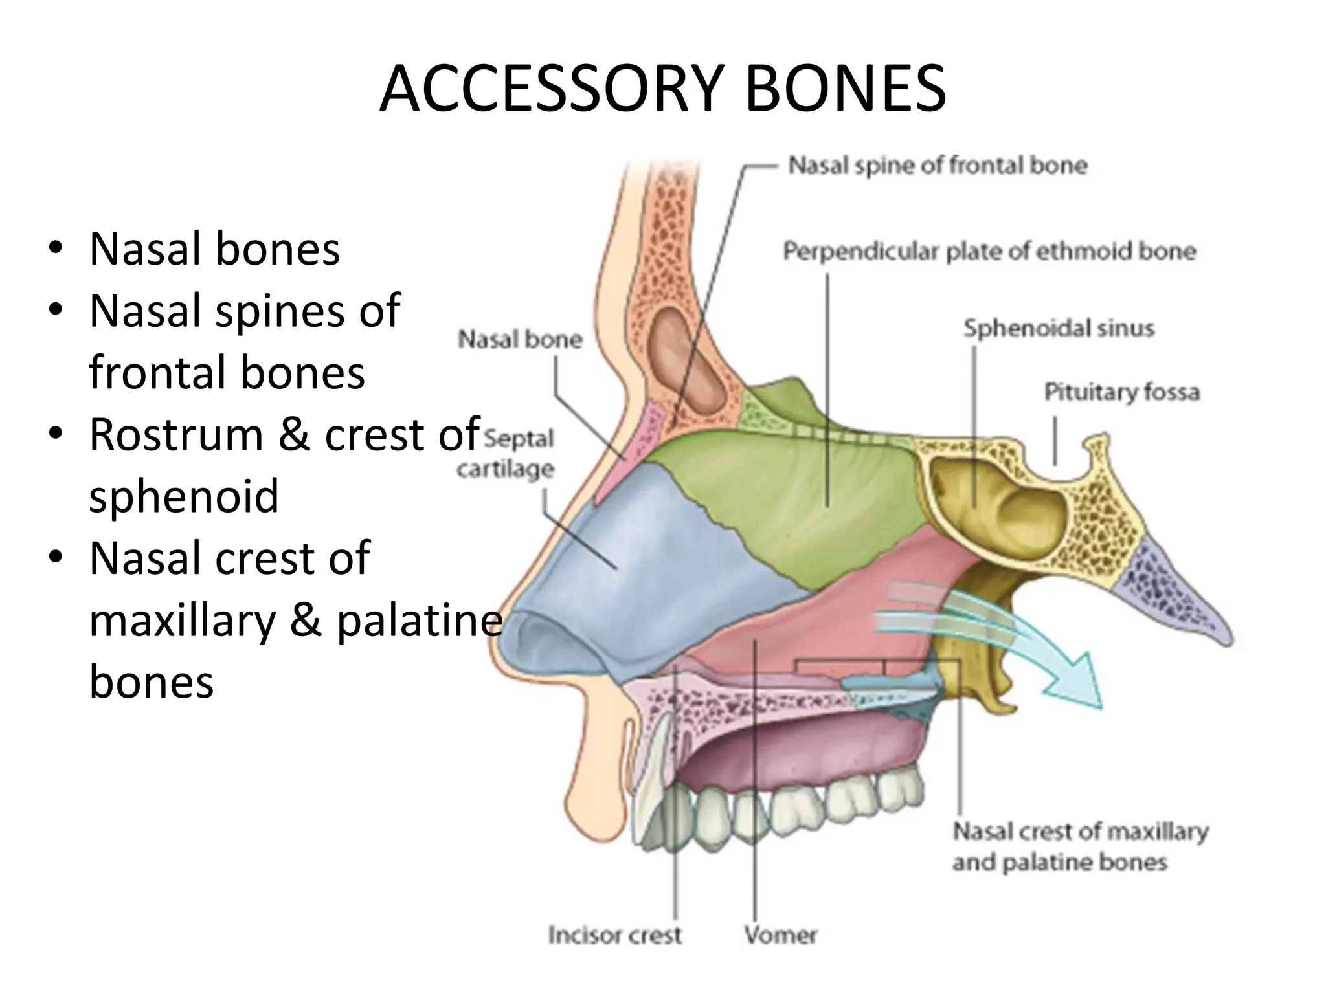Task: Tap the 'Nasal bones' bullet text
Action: click(214, 249)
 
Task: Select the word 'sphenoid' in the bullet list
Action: click(184, 496)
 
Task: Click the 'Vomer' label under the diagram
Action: click(780, 934)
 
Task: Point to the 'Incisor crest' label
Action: click(614, 934)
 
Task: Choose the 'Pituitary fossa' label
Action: click(1121, 392)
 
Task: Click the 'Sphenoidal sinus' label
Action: click(1059, 328)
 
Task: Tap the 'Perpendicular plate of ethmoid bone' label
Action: click(989, 251)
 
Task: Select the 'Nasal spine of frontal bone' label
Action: click(937, 166)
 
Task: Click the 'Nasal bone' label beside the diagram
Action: click(520, 339)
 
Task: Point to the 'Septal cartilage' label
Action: click(506, 453)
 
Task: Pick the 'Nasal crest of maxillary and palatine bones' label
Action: click(1079, 846)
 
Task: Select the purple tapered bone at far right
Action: click(1165, 595)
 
